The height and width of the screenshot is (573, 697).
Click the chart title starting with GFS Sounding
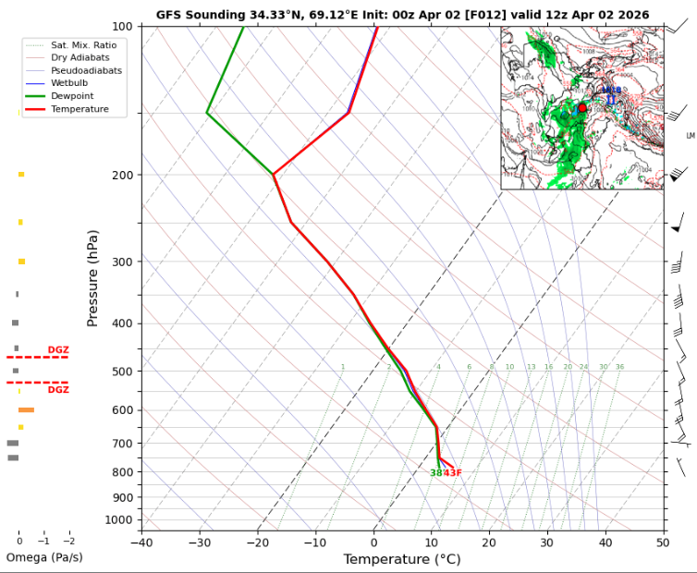[402, 15]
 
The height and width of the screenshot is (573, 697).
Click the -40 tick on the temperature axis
[141, 543]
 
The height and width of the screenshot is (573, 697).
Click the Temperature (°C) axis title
[402, 559]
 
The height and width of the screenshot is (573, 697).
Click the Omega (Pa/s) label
[43, 557]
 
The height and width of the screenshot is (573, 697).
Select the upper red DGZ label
[58, 349]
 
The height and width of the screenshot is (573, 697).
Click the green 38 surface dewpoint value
[435, 473]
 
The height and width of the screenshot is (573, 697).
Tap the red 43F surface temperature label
[452, 473]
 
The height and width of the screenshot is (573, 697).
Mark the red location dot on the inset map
[582, 108]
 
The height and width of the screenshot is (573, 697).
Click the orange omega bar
[26, 409]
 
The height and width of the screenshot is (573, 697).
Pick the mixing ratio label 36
[619, 367]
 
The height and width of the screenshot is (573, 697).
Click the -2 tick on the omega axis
[68, 540]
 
